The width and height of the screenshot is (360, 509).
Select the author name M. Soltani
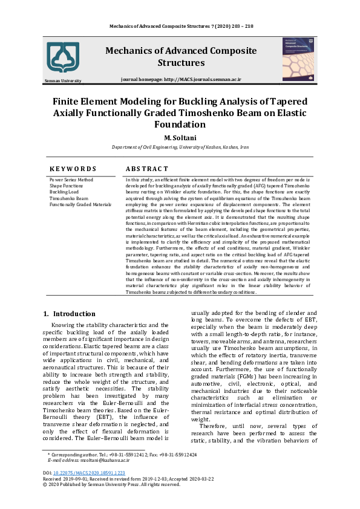coord(180,138)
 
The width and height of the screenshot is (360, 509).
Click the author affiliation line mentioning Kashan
coord(180,148)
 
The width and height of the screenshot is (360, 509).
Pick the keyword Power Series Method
coord(71,180)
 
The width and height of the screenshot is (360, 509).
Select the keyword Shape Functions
coord(67,186)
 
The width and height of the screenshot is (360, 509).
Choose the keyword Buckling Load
coord(64,192)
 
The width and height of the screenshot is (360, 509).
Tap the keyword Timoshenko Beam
coord(68,198)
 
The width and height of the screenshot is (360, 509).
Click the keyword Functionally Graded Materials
coord(80,204)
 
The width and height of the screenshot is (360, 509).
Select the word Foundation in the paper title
coord(180,125)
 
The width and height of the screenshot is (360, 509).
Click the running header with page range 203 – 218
coord(180,27)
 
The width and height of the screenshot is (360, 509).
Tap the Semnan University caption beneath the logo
coord(62,80)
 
